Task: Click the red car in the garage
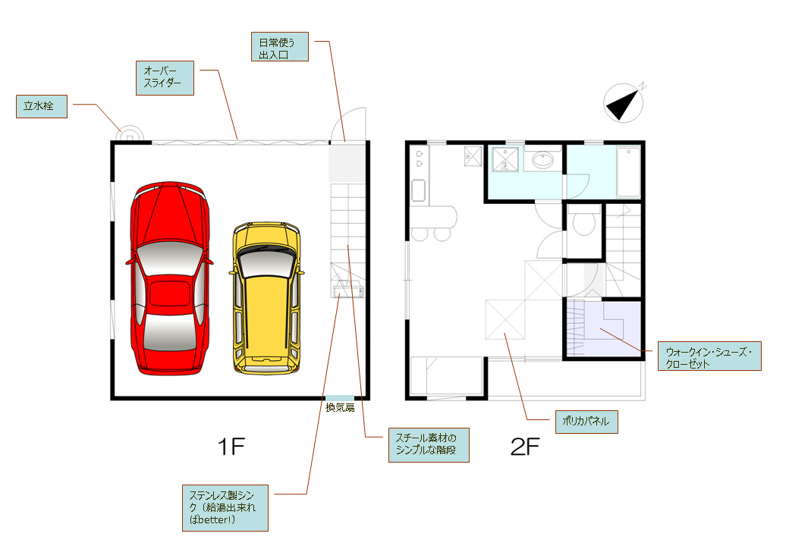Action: pos(170,278)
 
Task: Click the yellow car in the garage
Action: pos(267,298)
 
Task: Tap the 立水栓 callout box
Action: pos(42,107)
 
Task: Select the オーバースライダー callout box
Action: pos(165,78)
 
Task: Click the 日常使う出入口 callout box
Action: pos(280,47)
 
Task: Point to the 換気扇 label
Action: pos(340,407)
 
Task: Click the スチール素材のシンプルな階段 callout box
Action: pos(429,445)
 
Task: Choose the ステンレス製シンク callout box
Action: pos(225,508)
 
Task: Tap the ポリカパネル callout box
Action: pos(586,422)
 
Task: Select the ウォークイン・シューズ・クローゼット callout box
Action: pos(709,356)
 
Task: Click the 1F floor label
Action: pos(231,447)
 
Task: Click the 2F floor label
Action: pos(525,447)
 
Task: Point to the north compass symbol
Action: pos(624,102)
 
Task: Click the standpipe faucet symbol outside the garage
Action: pos(130,135)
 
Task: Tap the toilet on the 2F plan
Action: pos(583,223)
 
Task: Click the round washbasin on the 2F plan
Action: pos(543,160)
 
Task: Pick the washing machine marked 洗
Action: pos(505,159)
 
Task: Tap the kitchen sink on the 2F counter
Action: pos(419,190)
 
